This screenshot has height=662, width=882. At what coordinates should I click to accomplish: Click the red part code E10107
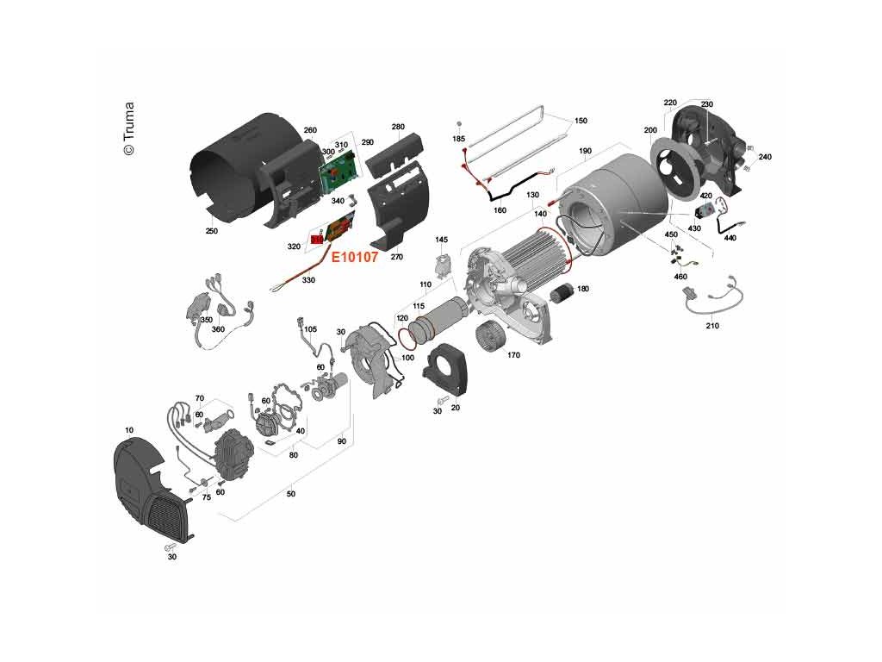tap(355, 257)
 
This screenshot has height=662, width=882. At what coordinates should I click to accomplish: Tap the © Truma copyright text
tap(128, 129)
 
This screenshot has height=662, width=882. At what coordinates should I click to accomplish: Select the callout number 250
tap(212, 231)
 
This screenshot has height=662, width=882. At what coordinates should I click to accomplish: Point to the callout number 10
tap(130, 429)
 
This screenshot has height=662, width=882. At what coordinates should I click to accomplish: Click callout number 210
tap(711, 326)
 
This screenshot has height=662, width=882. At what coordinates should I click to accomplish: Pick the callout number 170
tap(514, 354)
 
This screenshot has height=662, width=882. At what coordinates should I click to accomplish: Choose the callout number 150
tap(581, 121)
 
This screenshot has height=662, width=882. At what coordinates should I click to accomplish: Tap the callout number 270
tap(397, 257)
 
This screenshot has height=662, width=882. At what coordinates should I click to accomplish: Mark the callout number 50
tap(291, 494)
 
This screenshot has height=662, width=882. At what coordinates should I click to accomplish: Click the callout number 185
tap(458, 138)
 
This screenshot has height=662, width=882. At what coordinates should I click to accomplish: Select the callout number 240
tap(765, 157)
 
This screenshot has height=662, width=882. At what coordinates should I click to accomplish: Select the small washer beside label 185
tap(459, 124)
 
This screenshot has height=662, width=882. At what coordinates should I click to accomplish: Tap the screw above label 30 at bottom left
tap(169, 546)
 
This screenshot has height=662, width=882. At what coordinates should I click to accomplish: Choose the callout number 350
tap(206, 320)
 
